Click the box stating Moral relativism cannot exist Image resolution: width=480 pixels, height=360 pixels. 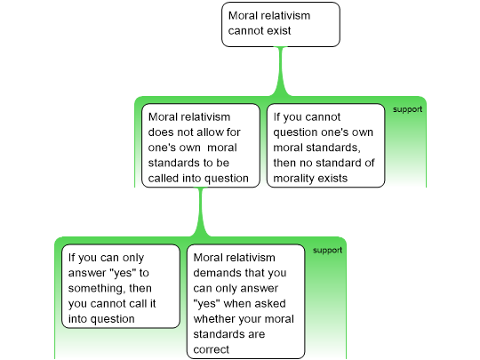coord(281,25)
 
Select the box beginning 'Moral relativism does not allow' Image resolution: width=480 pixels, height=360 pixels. coord(201,146)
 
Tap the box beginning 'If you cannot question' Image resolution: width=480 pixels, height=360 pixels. coord(325,146)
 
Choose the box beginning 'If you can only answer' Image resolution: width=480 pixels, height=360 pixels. coord(121,286)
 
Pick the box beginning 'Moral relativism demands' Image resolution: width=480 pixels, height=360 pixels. coord(246,301)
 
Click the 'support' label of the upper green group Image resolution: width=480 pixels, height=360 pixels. coord(407,109)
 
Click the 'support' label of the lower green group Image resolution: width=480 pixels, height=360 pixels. coord(327,251)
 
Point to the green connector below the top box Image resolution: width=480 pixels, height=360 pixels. coord(281,71)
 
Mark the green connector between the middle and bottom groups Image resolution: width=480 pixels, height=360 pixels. coord(201,212)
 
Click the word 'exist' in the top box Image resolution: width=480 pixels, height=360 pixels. coord(278,30)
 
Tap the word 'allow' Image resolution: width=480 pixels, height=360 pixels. coord(209,132)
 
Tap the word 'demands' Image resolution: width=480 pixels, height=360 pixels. coord(214,273)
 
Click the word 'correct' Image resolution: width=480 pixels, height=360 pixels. coord(212,349)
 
